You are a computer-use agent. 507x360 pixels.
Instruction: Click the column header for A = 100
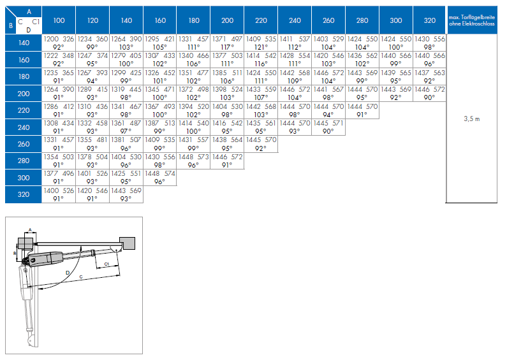click(x=59, y=20)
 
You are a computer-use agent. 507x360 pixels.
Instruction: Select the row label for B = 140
click(x=24, y=43)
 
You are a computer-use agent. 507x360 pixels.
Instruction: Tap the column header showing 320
click(x=430, y=20)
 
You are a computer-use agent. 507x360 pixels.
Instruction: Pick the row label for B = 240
click(x=24, y=127)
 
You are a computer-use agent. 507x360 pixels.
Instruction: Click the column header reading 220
click(x=261, y=20)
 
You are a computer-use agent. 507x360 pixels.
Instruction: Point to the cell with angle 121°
click(x=261, y=43)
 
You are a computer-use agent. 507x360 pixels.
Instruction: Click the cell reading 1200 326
click(x=59, y=43)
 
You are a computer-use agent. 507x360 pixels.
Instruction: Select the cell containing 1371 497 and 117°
click(x=227, y=43)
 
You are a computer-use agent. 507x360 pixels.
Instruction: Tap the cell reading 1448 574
click(x=160, y=177)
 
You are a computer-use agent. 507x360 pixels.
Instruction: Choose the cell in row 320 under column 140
click(x=126, y=194)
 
